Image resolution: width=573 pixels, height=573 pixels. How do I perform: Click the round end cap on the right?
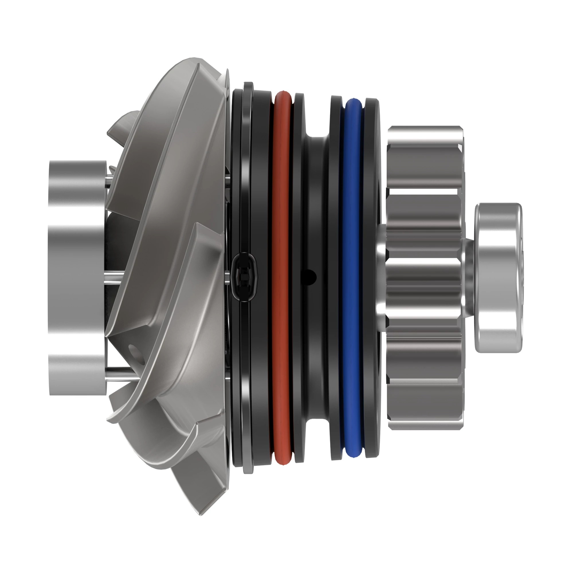[498, 278]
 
